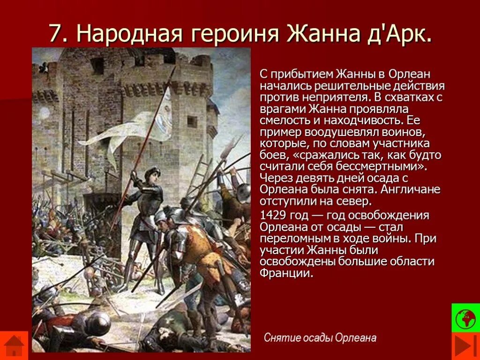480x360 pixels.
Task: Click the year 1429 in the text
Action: [x=273, y=216]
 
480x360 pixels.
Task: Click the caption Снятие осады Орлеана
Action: [x=320, y=337]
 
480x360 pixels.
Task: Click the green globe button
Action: [x=465, y=318]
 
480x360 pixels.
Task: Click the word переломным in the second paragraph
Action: [x=297, y=239]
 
